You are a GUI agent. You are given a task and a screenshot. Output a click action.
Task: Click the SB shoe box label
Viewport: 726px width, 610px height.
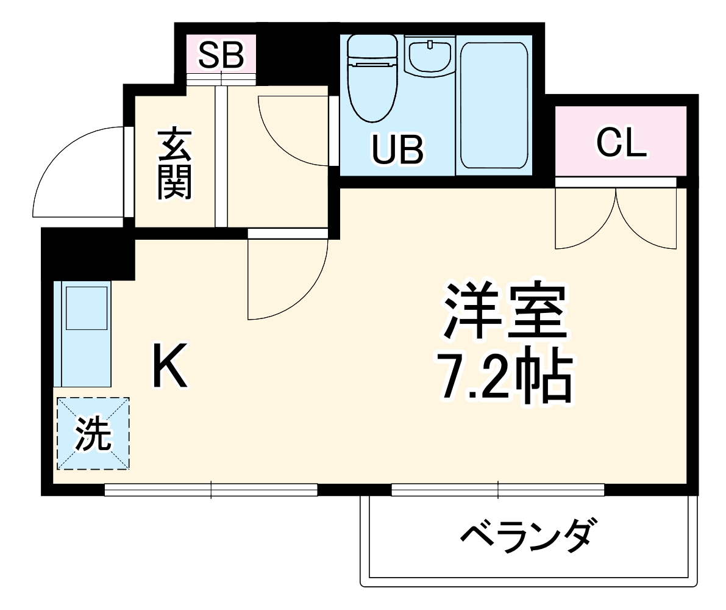click(x=221, y=55)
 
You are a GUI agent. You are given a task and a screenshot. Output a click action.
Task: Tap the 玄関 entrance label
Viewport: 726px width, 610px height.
click(x=175, y=163)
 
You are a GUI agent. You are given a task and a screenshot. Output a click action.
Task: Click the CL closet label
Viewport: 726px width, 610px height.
click(x=621, y=143)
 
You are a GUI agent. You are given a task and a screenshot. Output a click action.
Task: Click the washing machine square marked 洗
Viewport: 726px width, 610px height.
click(x=93, y=434)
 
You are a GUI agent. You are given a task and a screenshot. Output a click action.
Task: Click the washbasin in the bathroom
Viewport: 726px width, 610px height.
click(x=430, y=56)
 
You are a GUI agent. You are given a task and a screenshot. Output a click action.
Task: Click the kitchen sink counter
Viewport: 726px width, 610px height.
click(x=82, y=333)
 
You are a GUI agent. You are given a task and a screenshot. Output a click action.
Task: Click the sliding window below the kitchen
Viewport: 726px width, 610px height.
click(x=211, y=489)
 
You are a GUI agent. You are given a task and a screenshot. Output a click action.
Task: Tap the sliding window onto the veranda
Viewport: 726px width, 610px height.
click(x=497, y=489)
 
